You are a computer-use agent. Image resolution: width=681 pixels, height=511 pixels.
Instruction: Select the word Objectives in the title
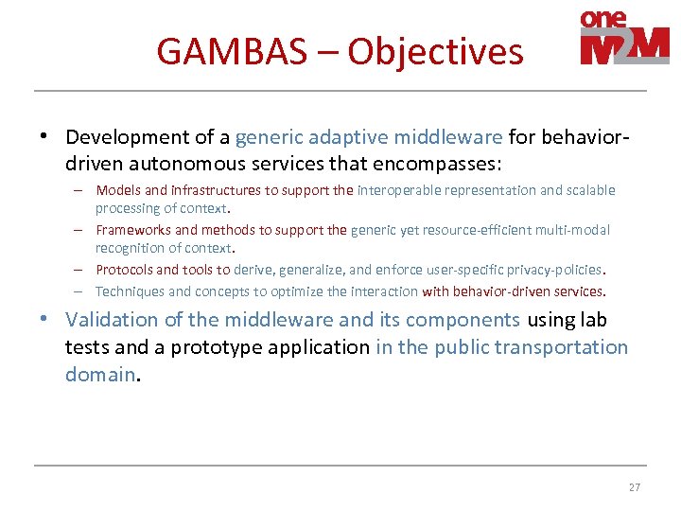435,51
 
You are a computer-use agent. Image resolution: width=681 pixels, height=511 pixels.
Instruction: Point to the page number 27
634,487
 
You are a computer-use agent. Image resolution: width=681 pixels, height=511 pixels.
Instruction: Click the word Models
118,190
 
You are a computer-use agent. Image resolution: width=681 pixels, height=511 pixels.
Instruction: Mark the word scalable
589,190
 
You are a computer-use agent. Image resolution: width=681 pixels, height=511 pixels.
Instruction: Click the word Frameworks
133,230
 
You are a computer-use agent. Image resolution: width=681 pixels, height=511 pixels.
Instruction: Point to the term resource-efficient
474,230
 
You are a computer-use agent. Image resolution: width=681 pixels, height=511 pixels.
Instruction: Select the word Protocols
124,270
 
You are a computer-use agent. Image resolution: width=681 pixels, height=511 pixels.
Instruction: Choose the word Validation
113,320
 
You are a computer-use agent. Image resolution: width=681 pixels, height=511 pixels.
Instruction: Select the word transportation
568,347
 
